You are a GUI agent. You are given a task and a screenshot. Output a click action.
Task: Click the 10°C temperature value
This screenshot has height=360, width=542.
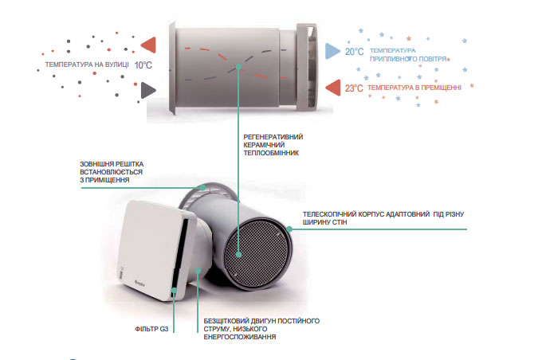[x=143, y=65]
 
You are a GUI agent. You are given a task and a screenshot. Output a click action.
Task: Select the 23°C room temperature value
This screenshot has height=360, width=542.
[x=354, y=88]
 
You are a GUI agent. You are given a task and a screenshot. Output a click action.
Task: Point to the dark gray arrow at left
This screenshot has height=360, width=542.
[x=147, y=90]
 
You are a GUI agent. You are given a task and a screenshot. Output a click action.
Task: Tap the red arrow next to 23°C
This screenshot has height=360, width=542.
[x=332, y=88]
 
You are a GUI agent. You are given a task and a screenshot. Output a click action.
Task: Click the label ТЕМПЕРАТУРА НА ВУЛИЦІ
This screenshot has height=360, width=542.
[x=83, y=65]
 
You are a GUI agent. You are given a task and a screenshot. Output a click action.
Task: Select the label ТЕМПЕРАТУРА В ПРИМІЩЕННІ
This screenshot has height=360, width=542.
[x=414, y=88]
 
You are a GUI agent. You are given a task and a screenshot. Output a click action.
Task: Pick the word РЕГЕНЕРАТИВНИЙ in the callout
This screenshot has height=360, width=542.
[x=273, y=136]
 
